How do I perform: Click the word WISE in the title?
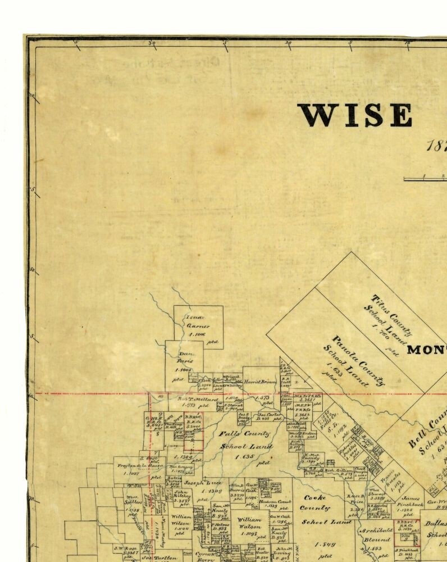[355, 115]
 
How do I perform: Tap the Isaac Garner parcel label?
[198, 321]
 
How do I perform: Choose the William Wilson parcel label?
[181, 519]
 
